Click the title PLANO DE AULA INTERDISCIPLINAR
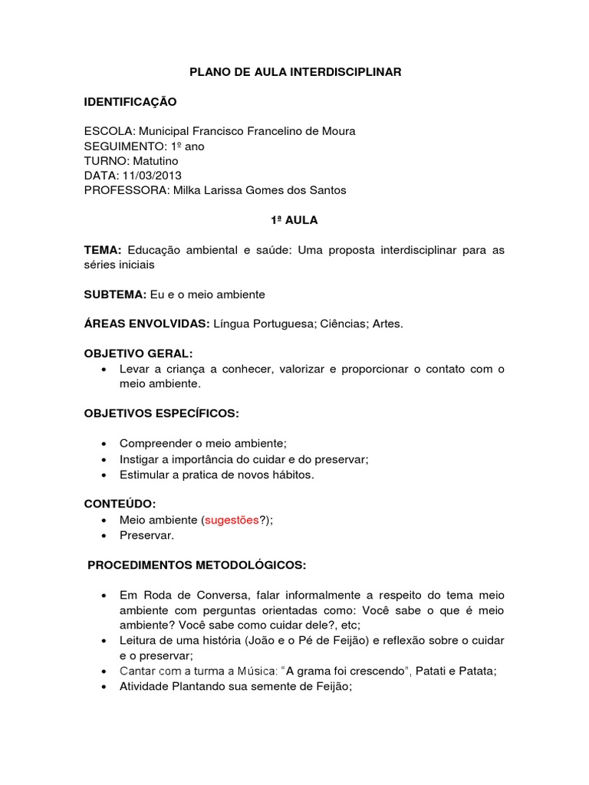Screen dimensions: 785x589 (295, 71)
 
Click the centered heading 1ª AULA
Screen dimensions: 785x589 (295, 220)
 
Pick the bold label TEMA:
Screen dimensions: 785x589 (104, 250)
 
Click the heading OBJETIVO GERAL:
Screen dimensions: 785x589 (139, 353)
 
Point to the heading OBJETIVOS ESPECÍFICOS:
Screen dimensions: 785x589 (162, 413)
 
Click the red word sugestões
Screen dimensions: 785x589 (231, 520)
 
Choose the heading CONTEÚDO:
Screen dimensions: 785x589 (120, 504)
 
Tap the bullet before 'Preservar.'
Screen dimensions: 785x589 (103, 535)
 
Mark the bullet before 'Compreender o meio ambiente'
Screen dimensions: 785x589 (103, 444)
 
